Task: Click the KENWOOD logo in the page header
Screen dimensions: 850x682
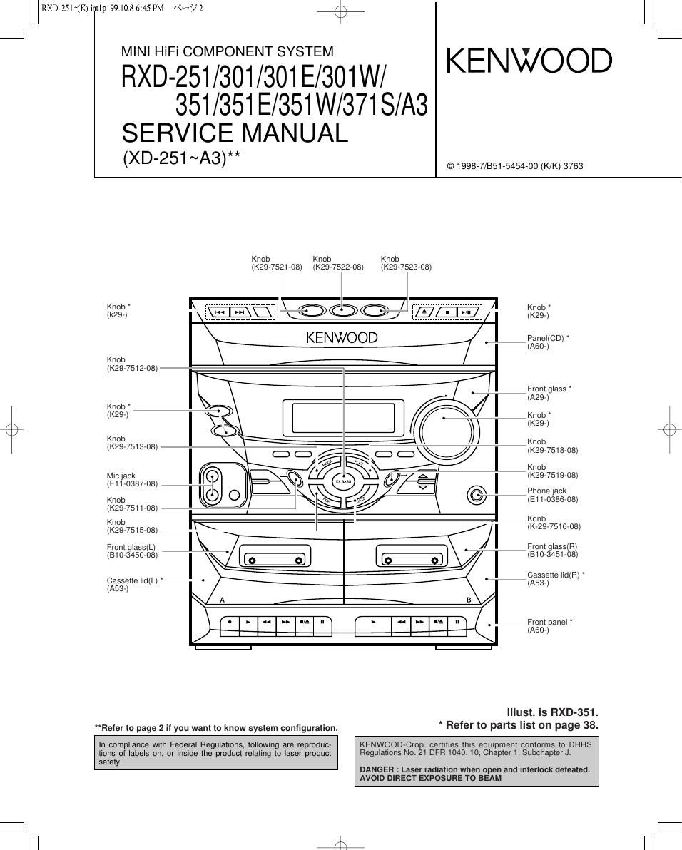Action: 529,61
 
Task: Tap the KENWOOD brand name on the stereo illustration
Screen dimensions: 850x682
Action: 342,337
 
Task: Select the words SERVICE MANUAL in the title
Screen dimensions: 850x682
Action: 235,133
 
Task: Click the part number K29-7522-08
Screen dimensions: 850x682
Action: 338,267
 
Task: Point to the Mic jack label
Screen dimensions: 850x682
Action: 121,476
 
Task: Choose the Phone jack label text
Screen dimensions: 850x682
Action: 546,491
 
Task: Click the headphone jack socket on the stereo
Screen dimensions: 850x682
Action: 477,496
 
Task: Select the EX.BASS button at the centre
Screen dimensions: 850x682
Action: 344,481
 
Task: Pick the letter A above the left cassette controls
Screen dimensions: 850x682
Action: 223,600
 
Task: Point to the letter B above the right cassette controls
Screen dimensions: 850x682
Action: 469,600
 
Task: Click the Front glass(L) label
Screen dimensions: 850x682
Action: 131,547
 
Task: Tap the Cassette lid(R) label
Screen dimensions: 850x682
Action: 556,575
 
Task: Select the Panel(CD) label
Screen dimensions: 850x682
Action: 548,338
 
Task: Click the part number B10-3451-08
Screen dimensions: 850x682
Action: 553,554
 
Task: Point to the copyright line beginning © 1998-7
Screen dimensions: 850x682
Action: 515,166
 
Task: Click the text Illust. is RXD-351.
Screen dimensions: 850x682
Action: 552,712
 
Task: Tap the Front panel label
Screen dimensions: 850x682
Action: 550,622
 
